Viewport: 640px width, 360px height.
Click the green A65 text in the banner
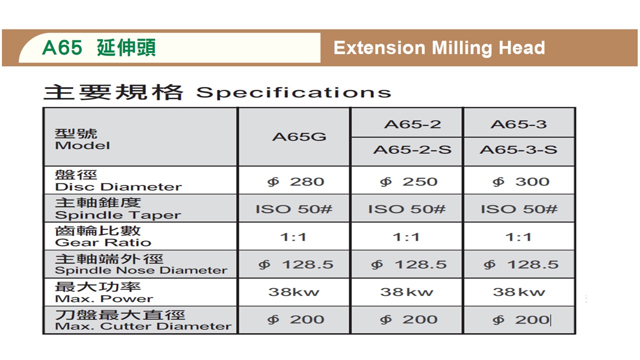tap(62, 47)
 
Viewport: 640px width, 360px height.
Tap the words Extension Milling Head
tap(439, 47)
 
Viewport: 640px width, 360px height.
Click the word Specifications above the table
tap(293, 92)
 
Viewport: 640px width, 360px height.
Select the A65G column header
tap(299, 137)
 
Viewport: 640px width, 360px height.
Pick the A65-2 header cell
tap(412, 124)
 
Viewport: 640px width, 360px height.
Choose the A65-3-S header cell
tap(518, 149)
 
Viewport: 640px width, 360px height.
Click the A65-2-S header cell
tap(412, 149)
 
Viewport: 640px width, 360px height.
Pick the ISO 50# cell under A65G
tap(294, 209)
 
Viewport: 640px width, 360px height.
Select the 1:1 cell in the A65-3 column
tap(518, 237)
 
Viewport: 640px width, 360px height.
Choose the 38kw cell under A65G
tap(293, 292)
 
